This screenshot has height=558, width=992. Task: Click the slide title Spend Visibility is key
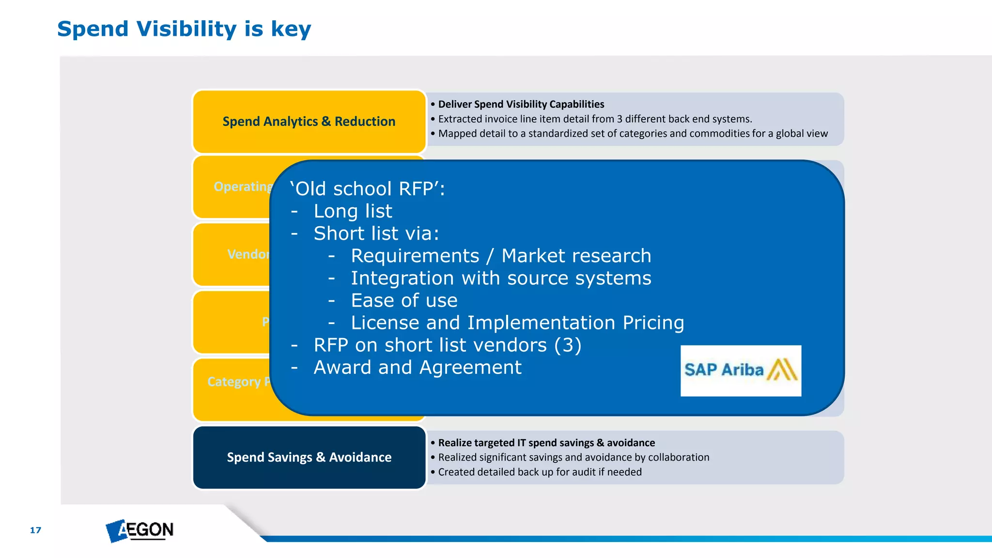184,29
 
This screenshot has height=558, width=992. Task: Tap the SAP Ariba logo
740,371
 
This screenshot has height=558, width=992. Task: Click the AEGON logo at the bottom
140,530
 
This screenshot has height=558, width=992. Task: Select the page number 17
35,530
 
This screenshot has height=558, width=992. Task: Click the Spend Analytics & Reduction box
309,122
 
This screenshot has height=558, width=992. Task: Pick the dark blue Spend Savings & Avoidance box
309,457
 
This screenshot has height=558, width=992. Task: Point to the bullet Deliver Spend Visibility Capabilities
521,104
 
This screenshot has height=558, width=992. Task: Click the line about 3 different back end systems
595,119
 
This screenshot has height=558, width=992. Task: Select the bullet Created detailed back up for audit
540,472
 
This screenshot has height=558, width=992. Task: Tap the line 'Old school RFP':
367,189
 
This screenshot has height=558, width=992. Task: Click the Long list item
353,211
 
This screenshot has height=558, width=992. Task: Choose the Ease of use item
404,301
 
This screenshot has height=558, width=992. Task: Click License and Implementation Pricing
517,323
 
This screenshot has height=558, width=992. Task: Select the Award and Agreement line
418,368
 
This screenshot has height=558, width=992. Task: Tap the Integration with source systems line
501,279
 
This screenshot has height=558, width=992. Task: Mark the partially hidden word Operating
243,186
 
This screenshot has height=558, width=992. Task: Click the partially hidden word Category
234,382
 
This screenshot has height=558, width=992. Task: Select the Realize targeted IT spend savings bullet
546,443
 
